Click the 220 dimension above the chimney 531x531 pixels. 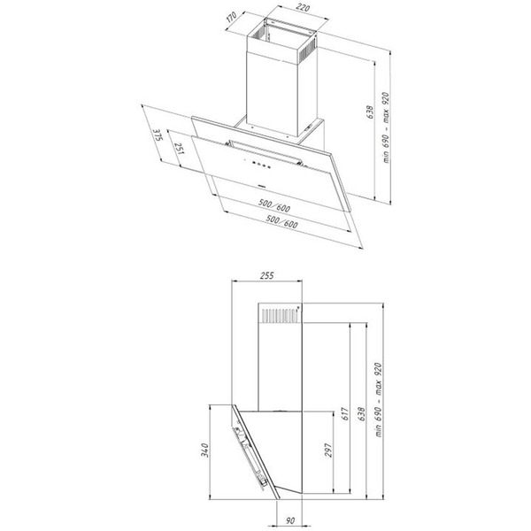[303, 8]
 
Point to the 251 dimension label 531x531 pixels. [179, 148]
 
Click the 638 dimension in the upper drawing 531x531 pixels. [370, 112]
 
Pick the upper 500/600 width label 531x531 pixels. [274, 205]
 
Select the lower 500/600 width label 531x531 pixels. [281, 221]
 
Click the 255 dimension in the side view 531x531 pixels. [267, 275]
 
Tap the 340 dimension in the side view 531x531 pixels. [205, 450]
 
